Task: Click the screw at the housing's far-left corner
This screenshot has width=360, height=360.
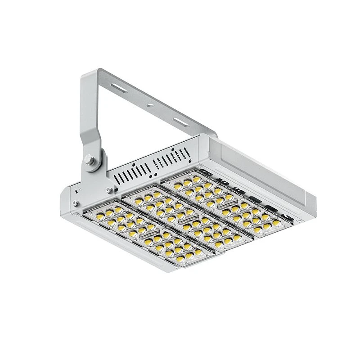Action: click(x=76, y=204)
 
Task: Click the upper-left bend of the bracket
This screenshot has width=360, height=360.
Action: click(x=90, y=74)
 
